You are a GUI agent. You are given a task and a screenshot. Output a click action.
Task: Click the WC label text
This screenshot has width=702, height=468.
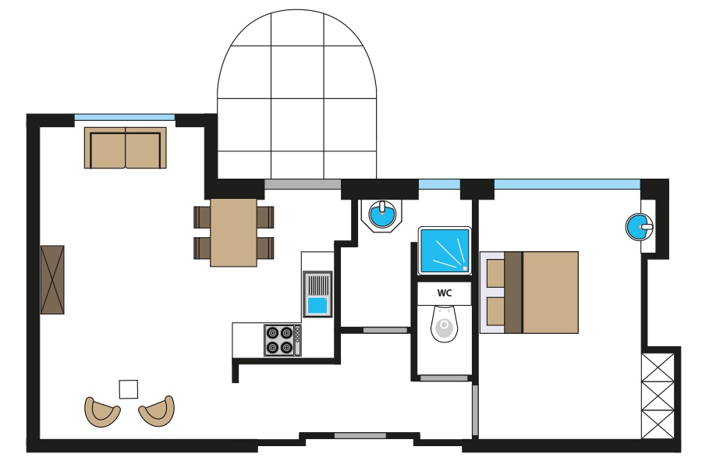(x=444, y=293)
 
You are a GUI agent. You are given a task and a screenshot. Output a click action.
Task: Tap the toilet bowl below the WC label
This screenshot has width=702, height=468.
(x=444, y=324)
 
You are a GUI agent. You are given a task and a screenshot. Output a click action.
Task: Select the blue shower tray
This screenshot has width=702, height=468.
(x=445, y=250)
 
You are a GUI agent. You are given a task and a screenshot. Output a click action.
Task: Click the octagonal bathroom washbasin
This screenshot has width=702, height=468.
(x=382, y=215)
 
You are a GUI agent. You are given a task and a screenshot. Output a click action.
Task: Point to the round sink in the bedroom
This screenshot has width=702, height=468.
(x=640, y=227)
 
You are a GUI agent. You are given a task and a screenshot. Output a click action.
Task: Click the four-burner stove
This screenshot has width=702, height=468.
(x=282, y=340)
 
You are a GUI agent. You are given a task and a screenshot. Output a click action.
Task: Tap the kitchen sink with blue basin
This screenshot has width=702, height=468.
(x=317, y=294)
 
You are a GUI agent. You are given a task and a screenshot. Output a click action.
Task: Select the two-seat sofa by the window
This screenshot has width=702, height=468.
(x=126, y=147)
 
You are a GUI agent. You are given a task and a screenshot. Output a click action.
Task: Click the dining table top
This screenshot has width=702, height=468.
(x=233, y=233)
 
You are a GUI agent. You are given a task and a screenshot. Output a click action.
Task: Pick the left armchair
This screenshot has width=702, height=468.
(x=102, y=412)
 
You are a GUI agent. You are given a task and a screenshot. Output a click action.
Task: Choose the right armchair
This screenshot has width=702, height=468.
(x=157, y=411)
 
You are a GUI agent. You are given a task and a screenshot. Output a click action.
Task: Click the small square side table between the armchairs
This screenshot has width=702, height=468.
(x=129, y=389)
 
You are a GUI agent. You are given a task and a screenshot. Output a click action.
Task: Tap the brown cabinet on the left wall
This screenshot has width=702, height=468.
(x=52, y=279)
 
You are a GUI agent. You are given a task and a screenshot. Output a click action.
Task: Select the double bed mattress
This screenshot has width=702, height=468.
(x=542, y=292)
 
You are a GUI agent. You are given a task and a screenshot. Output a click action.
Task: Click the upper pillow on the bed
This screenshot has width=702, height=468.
(x=495, y=273)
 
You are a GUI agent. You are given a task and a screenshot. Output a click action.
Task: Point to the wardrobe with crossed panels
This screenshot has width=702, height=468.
(x=658, y=396)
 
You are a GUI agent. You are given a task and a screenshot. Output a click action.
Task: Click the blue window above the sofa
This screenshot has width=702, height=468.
(x=125, y=118)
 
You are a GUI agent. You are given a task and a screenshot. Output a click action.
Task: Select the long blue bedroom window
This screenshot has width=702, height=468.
(x=567, y=185)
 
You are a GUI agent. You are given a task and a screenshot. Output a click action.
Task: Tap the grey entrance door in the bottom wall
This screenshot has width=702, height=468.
(x=360, y=436)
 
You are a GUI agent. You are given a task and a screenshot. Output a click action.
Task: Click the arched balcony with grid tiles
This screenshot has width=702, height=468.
(x=297, y=94)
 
